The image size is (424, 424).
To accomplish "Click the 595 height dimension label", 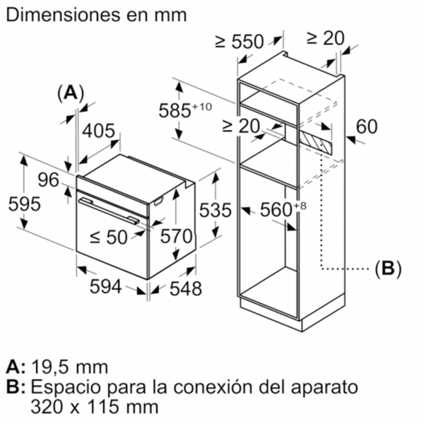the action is tap(24, 204).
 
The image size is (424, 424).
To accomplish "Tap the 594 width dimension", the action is tap(105, 287).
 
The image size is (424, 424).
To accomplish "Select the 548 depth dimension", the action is tap(185, 288).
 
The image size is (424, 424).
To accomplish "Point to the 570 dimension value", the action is tap(176, 236).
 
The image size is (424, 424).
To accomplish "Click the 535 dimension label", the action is tap(216, 210).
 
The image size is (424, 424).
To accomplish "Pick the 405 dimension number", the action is tap(99, 131).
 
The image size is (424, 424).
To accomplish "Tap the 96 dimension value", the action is tap(48, 180).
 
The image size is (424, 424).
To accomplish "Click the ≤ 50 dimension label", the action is tap(108, 237).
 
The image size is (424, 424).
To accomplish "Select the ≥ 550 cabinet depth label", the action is tap(239, 42).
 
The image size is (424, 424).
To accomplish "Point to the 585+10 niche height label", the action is tap(185, 110).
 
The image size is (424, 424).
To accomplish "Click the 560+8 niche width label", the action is tap(283, 209).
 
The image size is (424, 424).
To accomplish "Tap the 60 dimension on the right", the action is tap(366, 126).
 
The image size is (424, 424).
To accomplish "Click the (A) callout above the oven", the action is tap(71, 94).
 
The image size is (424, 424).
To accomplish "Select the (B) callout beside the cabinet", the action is tap(388, 269).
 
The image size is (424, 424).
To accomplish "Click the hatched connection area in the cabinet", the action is tap(315, 142).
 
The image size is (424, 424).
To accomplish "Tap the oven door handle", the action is tap(109, 211).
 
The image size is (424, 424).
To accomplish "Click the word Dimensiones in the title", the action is tap(63, 16).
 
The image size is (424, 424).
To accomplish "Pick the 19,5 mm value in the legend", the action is tap(70, 367).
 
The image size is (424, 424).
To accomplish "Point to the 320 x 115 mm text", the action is tap(95, 406).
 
